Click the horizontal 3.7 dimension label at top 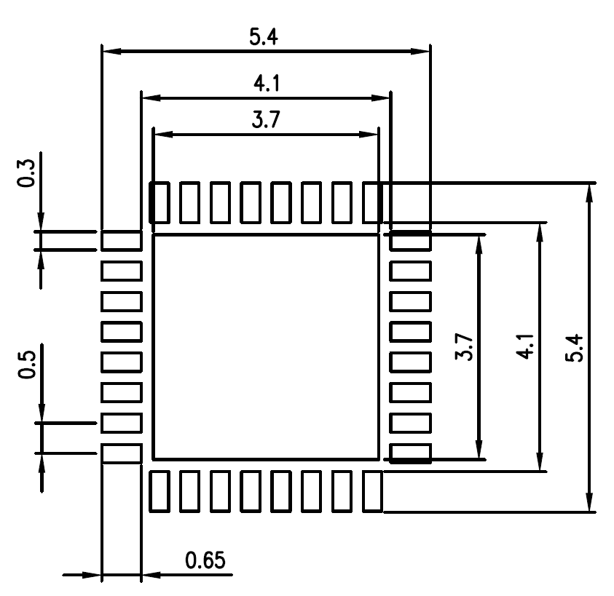(x=265, y=121)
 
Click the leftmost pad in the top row (x=160, y=202)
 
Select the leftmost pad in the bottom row (x=160, y=491)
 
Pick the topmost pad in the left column (x=121, y=241)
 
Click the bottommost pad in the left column (x=121, y=453)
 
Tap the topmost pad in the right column (x=411, y=241)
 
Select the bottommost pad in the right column (x=411, y=453)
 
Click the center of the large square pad (x=266, y=347)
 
